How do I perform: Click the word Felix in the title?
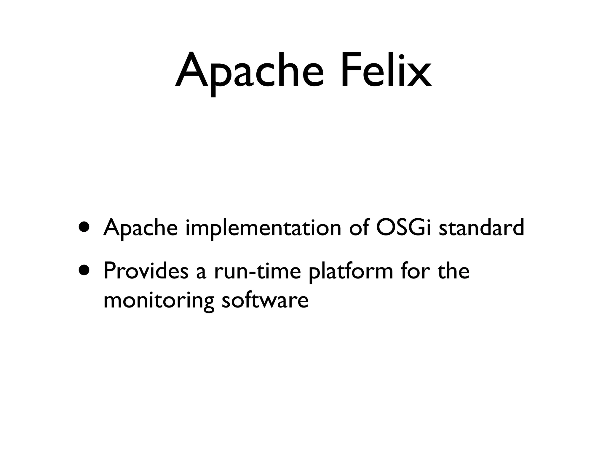(x=386, y=71)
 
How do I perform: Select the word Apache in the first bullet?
(x=140, y=228)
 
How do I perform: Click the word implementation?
(x=263, y=228)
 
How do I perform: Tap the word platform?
(x=351, y=272)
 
